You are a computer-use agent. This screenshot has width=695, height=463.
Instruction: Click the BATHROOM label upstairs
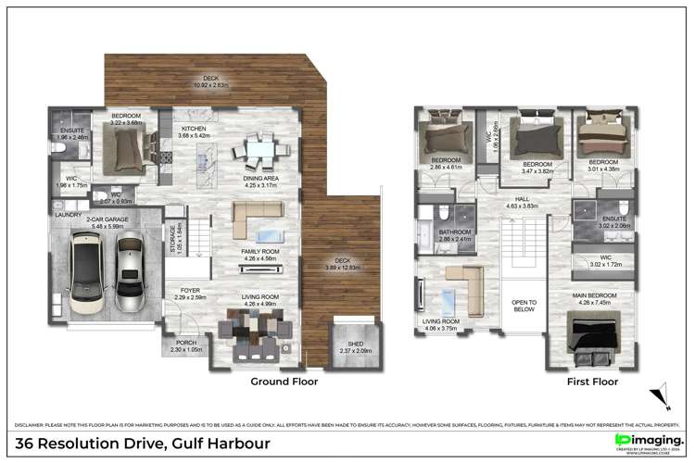tap(456, 232)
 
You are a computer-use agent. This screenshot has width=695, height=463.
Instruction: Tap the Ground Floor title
tap(284, 381)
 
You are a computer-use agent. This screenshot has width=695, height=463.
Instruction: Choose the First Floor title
tap(593, 381)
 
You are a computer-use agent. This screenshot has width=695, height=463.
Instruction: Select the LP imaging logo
tap(650, 441)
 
